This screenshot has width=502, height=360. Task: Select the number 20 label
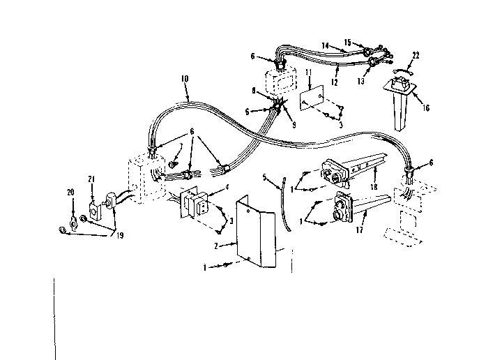click(70, 192)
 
